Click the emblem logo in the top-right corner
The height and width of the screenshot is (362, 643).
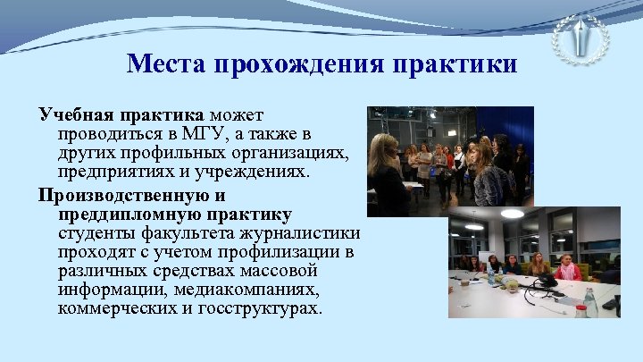[x=580, y=38]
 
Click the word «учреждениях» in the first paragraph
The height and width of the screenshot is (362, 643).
[x=260, y=173]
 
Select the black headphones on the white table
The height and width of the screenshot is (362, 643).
[x=545, y=282]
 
